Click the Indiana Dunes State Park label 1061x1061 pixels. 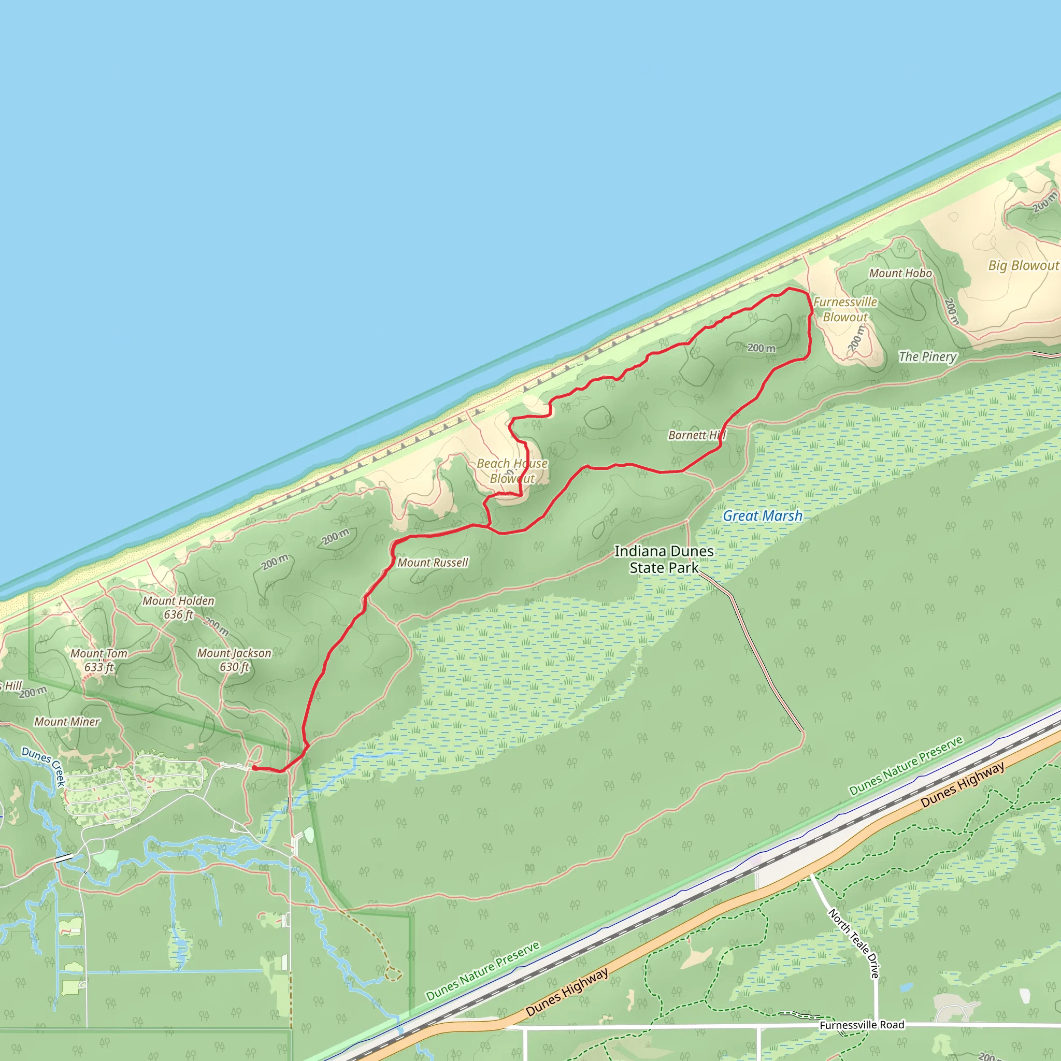click(x=664, y=559)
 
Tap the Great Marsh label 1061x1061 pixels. click(x=762, y=515)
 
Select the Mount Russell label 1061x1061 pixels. click(x=433, y=562)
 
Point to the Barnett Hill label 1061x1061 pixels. click(x=696, y=435)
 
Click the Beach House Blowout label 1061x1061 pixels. click(x=512, y=470)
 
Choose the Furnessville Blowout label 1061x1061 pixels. click(x=845, y=309)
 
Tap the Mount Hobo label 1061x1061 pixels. click(x=900, y=273)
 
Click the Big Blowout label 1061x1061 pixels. click(x=1024, y=265)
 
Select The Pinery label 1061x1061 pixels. click(x=927, y=356)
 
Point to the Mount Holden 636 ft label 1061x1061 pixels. click(x=179, y=607)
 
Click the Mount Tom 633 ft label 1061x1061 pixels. click(x=99, y=660)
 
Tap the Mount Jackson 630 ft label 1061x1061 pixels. click(x=234, y=659)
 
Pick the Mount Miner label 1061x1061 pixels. click(x=67, y=722)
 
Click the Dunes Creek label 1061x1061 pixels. click(x=44, y=766)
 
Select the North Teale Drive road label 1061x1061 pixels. click(x=853, y=943)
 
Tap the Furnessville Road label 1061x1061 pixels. click(x=862, y=1025)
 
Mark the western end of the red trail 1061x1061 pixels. click(x=254, y=768)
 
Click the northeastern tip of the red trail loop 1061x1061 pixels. click(x=790, y=289)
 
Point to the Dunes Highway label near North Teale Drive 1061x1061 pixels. click(x=963, y=784)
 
